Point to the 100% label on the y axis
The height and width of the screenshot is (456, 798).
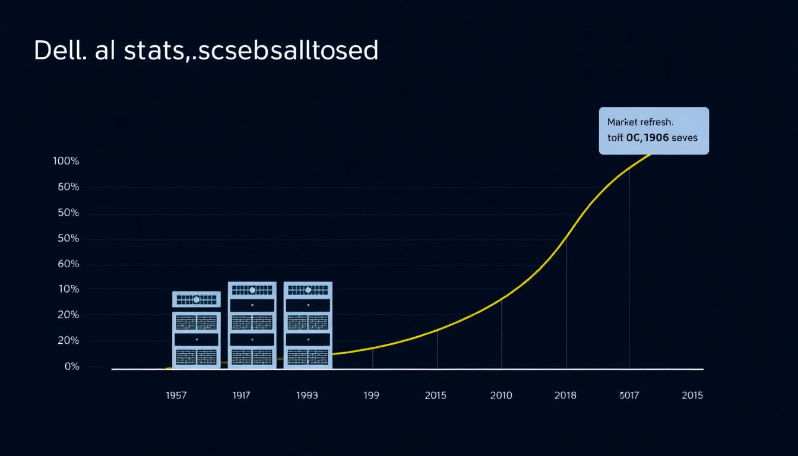[66, 161]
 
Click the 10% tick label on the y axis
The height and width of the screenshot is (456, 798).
[68, 289]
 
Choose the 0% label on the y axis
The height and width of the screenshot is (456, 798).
[71, 366]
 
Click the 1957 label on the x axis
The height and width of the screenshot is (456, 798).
[176, 395]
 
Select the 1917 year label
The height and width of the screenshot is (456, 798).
[240, 395]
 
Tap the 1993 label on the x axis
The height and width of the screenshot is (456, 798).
[307, 395]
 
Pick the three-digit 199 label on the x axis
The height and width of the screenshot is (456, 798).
[372, 395]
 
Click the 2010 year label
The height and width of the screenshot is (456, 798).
[501, 395]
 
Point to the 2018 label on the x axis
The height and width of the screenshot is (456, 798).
[565, 395]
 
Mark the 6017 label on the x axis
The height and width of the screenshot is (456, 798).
[629, 395]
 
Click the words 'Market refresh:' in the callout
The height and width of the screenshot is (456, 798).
[640, 122]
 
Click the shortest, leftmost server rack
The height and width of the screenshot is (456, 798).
[196, 330]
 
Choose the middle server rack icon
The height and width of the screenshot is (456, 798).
[252, 325]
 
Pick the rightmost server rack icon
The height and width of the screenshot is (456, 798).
[308, 325]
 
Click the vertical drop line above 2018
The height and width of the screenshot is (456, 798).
[566, 303]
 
